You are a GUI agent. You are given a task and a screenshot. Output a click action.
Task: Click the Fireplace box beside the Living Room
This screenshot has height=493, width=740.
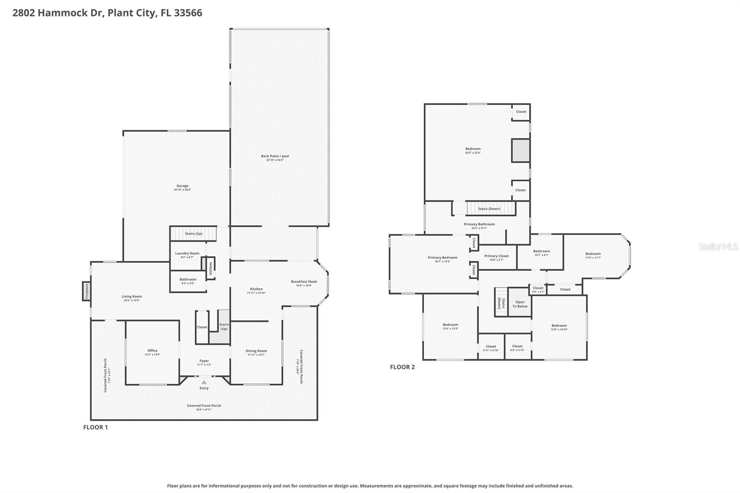[86, 291]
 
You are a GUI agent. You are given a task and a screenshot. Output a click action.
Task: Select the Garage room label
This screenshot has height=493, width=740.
[182, 186]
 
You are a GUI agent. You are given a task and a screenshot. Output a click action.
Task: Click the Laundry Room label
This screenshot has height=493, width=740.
[187, 253]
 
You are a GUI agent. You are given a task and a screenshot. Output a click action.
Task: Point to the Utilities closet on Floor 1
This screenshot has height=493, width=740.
[210, 268]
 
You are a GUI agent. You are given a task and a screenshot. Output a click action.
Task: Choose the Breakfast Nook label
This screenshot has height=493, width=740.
[304, 282]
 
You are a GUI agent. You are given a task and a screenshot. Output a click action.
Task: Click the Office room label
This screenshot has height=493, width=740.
[152, 351]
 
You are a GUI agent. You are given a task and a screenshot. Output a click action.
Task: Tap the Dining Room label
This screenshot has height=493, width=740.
[256, 351]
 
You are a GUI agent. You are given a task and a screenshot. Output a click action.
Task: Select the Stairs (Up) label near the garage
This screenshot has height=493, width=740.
[193, 234]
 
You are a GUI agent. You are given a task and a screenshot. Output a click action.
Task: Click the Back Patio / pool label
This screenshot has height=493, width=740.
[275, 156]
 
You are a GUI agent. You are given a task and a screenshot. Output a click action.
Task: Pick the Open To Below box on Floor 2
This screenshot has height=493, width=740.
[520, 304]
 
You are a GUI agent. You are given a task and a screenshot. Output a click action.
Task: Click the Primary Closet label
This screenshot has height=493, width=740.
[496, 256]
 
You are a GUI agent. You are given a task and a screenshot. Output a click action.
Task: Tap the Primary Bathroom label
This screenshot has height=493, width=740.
[479, 224]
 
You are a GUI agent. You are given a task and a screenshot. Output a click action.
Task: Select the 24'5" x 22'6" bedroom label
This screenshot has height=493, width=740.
[473, 149]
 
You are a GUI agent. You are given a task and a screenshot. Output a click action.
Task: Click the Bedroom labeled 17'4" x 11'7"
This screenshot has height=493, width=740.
[593, 254]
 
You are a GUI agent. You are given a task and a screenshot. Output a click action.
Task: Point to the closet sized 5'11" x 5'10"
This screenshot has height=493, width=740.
[491, 346]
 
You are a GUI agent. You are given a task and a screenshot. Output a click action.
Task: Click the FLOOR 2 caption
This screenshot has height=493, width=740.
[402, 367]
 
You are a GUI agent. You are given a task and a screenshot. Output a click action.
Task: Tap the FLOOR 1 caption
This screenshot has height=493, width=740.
[95, 427]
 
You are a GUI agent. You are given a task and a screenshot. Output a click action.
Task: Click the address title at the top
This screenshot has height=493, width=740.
[107, 13]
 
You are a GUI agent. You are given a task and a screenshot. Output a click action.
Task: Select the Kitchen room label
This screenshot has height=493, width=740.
[256, 289]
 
